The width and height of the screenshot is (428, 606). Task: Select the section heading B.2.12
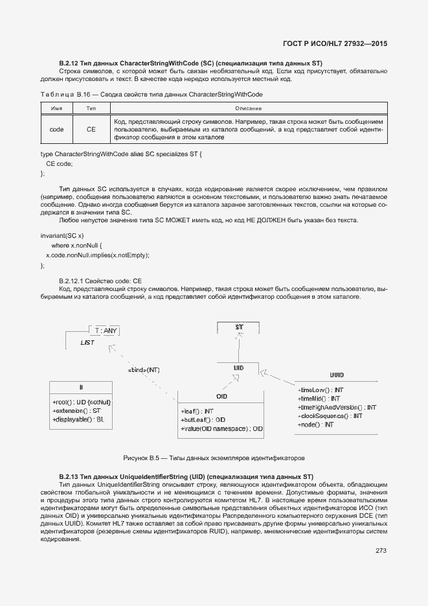coord(190,63)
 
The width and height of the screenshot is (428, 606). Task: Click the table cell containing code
coord(56,130)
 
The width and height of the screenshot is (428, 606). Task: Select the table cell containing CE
coord(91,130)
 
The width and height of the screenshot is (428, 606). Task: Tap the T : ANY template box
coord(106,331)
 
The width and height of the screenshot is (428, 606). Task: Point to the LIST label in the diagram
coord(88,342)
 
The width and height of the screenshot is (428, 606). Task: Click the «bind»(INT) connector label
coord(144,369)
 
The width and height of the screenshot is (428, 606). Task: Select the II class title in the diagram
coord(81,387)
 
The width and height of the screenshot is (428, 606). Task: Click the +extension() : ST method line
coord(77,411)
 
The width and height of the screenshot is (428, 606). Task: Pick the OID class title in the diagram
coord(221,396)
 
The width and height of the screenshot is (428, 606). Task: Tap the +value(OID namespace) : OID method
coord(221,429)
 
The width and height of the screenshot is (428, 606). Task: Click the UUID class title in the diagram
coord(337,375)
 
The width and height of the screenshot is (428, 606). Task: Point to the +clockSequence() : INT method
coord(330,415)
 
